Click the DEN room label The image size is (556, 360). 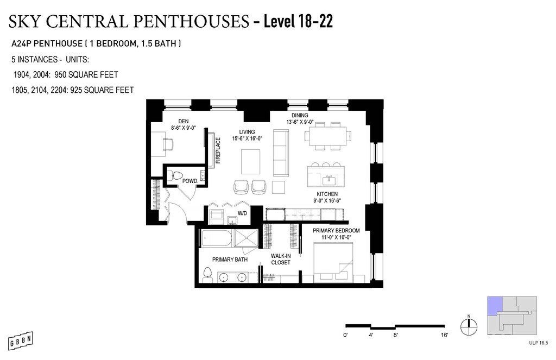[x=184, y=121]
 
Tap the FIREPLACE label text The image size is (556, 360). [x=218, y=150]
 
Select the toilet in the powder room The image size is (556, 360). [x=174, y=175]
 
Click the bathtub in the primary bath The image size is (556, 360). [x=217, y=238]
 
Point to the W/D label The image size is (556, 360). [x=243, y=213]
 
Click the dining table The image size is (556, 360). [x=327, y=136]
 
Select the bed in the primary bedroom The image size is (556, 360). [x=333, y=262]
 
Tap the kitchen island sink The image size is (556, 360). [x=329, y=180]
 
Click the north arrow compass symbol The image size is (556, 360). [x=469, y=326]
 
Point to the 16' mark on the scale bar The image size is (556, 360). [x=445, y=335]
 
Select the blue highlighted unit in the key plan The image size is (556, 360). [x=494, y=305]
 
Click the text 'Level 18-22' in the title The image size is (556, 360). [x=298, y=22]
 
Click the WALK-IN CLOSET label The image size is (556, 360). [x=281, y=259]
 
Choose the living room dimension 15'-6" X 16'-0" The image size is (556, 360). [x=247, y=138]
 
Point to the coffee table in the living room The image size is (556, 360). [x=251, y=162]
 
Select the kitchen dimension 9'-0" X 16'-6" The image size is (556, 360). [x=327, y=200]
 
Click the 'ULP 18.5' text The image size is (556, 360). [x=538, y=343]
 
